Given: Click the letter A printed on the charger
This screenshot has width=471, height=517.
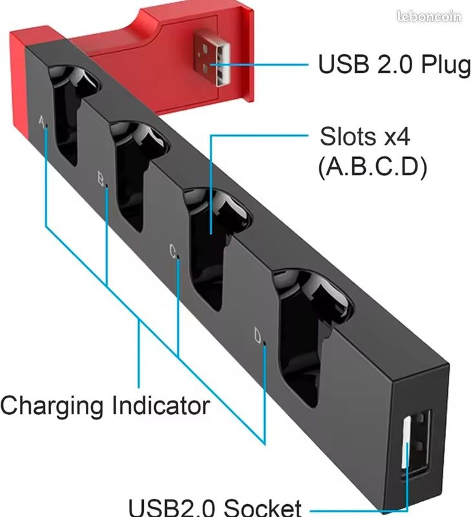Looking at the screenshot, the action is [42, 121].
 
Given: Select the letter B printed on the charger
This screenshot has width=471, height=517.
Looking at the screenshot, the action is [101, 179].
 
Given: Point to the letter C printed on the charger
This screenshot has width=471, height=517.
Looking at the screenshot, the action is [173, 251].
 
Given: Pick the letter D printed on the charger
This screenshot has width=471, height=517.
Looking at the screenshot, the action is [258, 335].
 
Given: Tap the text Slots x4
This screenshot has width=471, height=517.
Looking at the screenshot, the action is [365, 136].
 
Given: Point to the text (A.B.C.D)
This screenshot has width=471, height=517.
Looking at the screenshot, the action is [372, 167].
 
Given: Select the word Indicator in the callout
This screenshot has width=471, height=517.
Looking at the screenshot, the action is [161, 405].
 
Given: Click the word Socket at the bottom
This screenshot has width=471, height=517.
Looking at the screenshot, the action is [263, 507].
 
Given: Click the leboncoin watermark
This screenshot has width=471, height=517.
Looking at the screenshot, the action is [429, 16].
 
